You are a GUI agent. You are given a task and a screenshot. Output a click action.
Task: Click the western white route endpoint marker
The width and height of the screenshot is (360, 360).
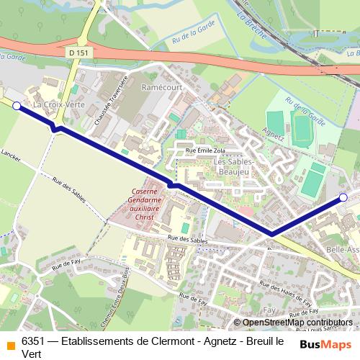pyautogui.click(x=17, y=106)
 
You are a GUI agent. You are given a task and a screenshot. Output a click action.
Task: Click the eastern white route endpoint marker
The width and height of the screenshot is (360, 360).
pyautogui.click(x=343, y=197)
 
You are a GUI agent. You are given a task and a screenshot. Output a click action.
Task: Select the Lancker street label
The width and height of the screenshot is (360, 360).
pyautogui.click(x=11, y=155)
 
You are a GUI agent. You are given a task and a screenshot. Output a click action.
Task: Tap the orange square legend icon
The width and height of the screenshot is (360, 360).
pyautogui.click(x=9, y=343)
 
